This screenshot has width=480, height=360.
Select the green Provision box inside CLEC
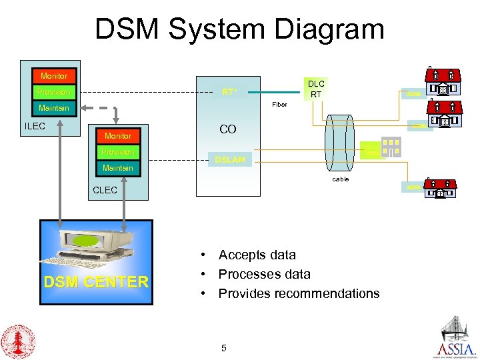pos(117,152)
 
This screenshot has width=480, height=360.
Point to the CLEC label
pos(105,190)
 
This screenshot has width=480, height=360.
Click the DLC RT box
pos(315,89)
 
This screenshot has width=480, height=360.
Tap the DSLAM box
pos(229,160)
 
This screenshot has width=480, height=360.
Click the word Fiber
pos(279,105)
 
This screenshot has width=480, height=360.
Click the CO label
pos(228,129)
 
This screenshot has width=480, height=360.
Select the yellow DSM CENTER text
pos(96,282)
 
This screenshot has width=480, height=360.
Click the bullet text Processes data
pos(264,274)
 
